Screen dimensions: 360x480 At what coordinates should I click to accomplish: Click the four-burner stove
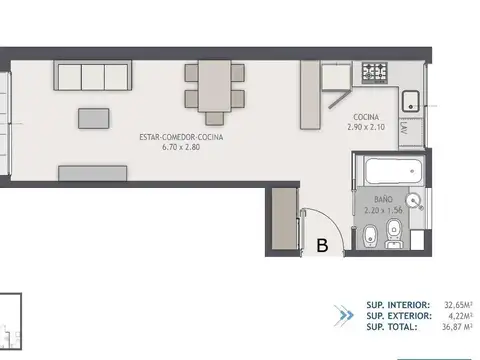pos(375,71)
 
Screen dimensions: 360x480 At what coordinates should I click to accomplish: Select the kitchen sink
pos(410,100)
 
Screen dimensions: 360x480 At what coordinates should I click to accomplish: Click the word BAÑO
pos(373,200)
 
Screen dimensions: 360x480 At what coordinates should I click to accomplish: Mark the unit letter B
pos(322,244)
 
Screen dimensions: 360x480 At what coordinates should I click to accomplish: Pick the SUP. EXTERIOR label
pos(398,316)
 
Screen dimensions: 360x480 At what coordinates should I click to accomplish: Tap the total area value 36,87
pos(452,327)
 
